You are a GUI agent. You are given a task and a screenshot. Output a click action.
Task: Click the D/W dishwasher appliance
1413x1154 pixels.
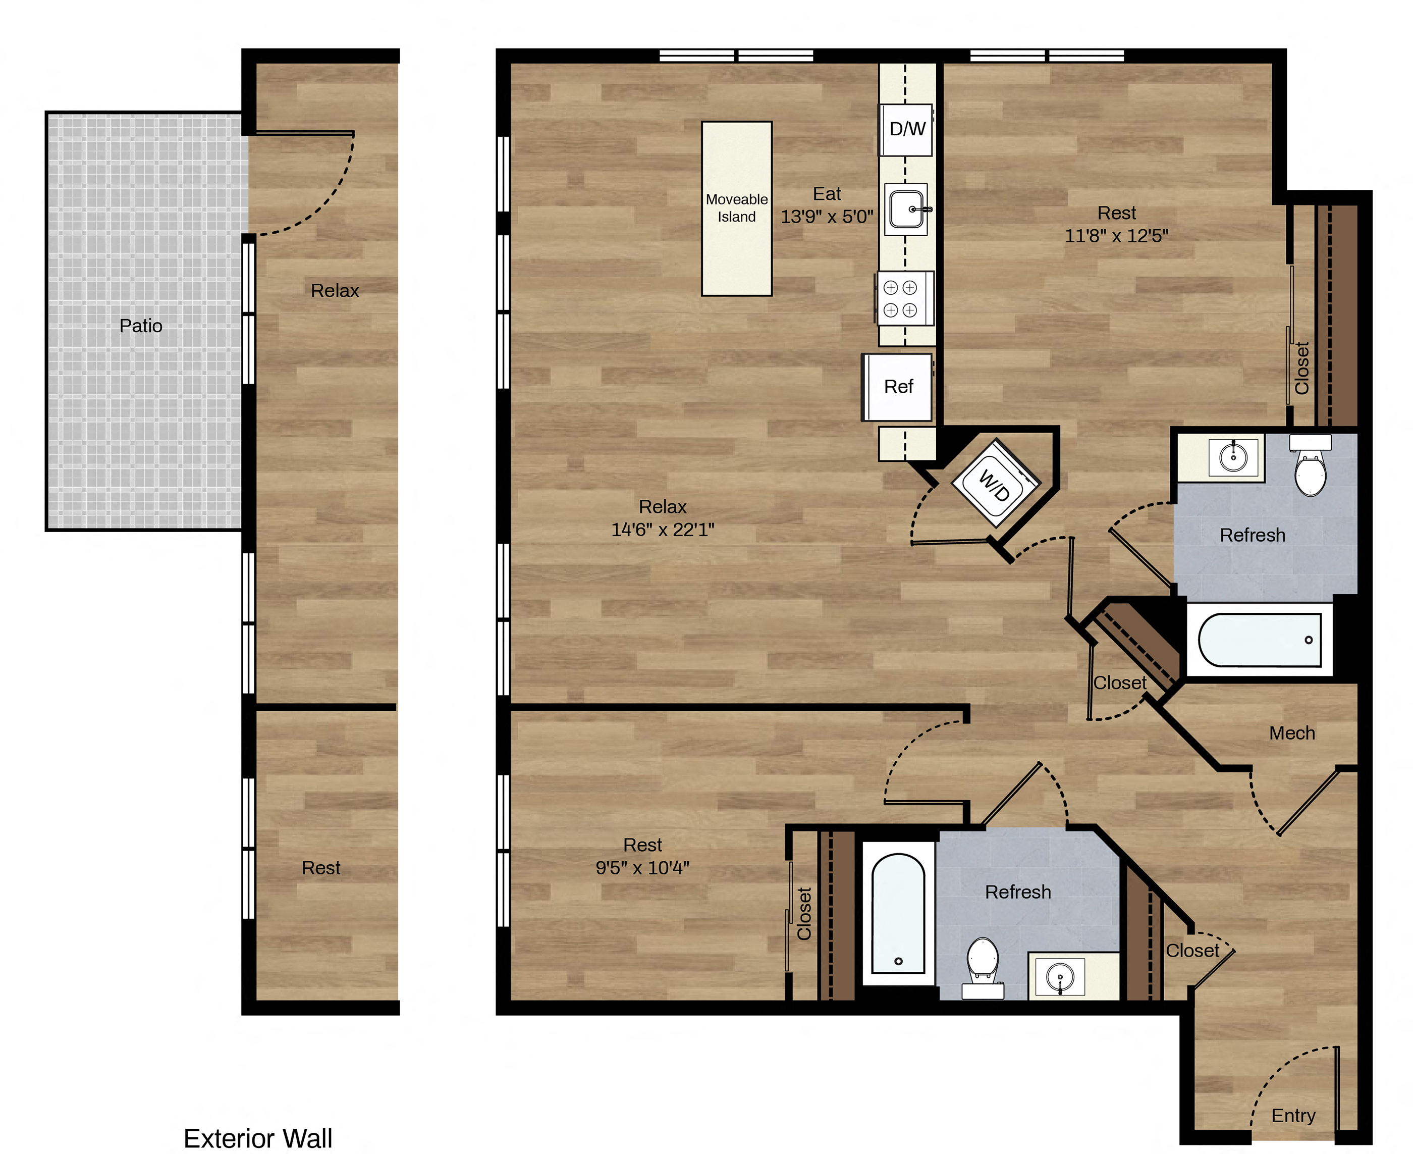pos(906,130)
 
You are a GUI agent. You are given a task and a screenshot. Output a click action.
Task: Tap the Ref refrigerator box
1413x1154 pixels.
pos(898,387)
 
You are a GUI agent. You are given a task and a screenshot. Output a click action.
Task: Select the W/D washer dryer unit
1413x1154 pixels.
pos(995,483)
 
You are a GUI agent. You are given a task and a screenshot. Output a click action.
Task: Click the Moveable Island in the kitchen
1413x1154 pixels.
pos(736,208)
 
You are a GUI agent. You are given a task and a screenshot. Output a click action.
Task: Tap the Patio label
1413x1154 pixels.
pos(141,326)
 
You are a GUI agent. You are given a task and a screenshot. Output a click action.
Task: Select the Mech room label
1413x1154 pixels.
pos(1292,732)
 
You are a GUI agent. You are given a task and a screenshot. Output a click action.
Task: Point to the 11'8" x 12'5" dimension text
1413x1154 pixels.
pos(1117,235)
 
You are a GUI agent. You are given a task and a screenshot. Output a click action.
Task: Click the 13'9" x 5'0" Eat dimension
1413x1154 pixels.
pos(827,216)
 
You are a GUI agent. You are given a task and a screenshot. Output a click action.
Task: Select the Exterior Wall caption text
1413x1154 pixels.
pos(258,1138)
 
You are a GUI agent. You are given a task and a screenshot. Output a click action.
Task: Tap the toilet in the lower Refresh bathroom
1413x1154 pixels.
pos(983,967)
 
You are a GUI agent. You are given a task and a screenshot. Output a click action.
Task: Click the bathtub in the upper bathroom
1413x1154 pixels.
pos(1260,640)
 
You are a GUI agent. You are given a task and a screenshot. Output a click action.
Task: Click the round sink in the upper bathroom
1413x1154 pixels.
pos(1233,456)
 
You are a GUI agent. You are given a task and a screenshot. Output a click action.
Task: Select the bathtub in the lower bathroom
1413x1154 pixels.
pos(898,913)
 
